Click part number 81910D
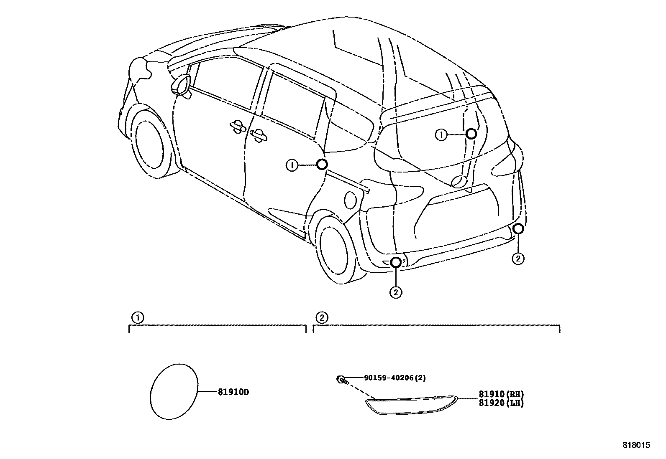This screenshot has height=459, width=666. (x=233, y=392)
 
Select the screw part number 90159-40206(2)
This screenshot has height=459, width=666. (x=394, y=378)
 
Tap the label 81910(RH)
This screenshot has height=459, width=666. (x=501, y=394)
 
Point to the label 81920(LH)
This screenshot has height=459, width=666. (x=501, y=403)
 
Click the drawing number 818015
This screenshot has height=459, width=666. (x=636, y=445)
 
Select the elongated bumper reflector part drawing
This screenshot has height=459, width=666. (x=411, y=406)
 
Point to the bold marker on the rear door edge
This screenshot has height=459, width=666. (x=321, y=164)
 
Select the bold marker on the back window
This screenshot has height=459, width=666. (x=471, y=134)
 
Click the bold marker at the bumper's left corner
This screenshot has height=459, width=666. (x=396, y=262)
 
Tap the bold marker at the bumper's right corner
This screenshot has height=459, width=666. (x=518, y=228)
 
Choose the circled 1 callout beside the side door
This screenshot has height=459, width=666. (x=292, y=165)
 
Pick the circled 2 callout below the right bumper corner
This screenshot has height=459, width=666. (x=518, y=259)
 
